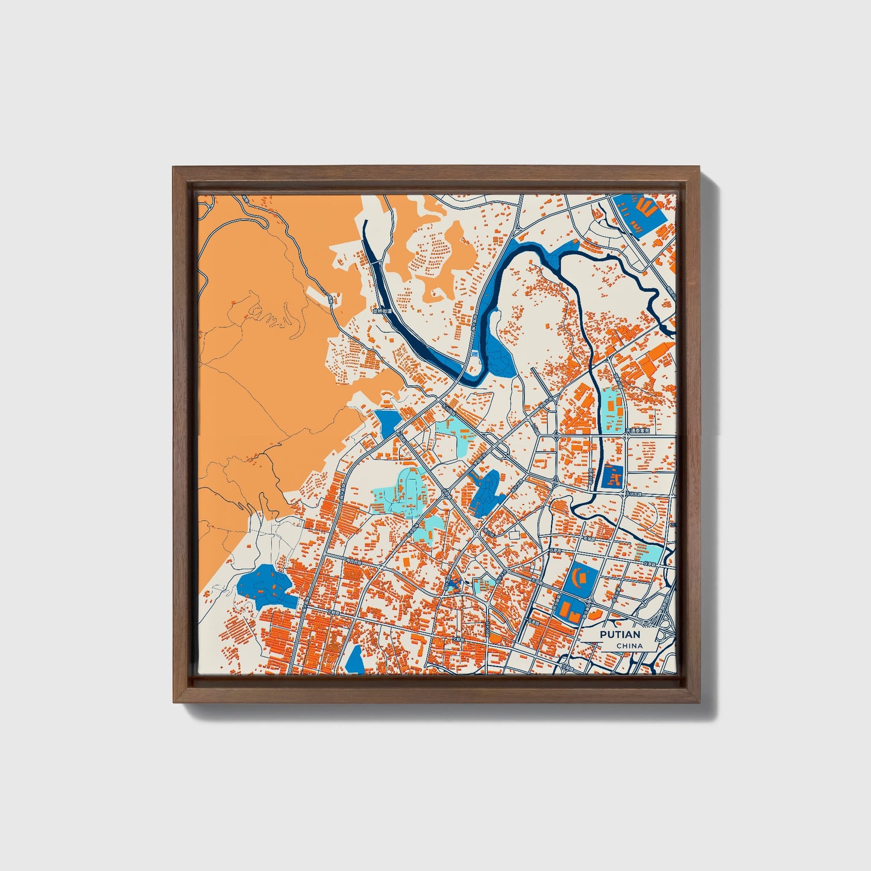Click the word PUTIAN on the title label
[x=620, y=635]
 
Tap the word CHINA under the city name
[x=629, y=646]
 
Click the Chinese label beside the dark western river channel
[x=382, y=312]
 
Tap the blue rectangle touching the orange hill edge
[x=387, y=423]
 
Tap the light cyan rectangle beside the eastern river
[x=614, y=409]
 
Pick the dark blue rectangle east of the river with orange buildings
[x=612, y=478]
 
